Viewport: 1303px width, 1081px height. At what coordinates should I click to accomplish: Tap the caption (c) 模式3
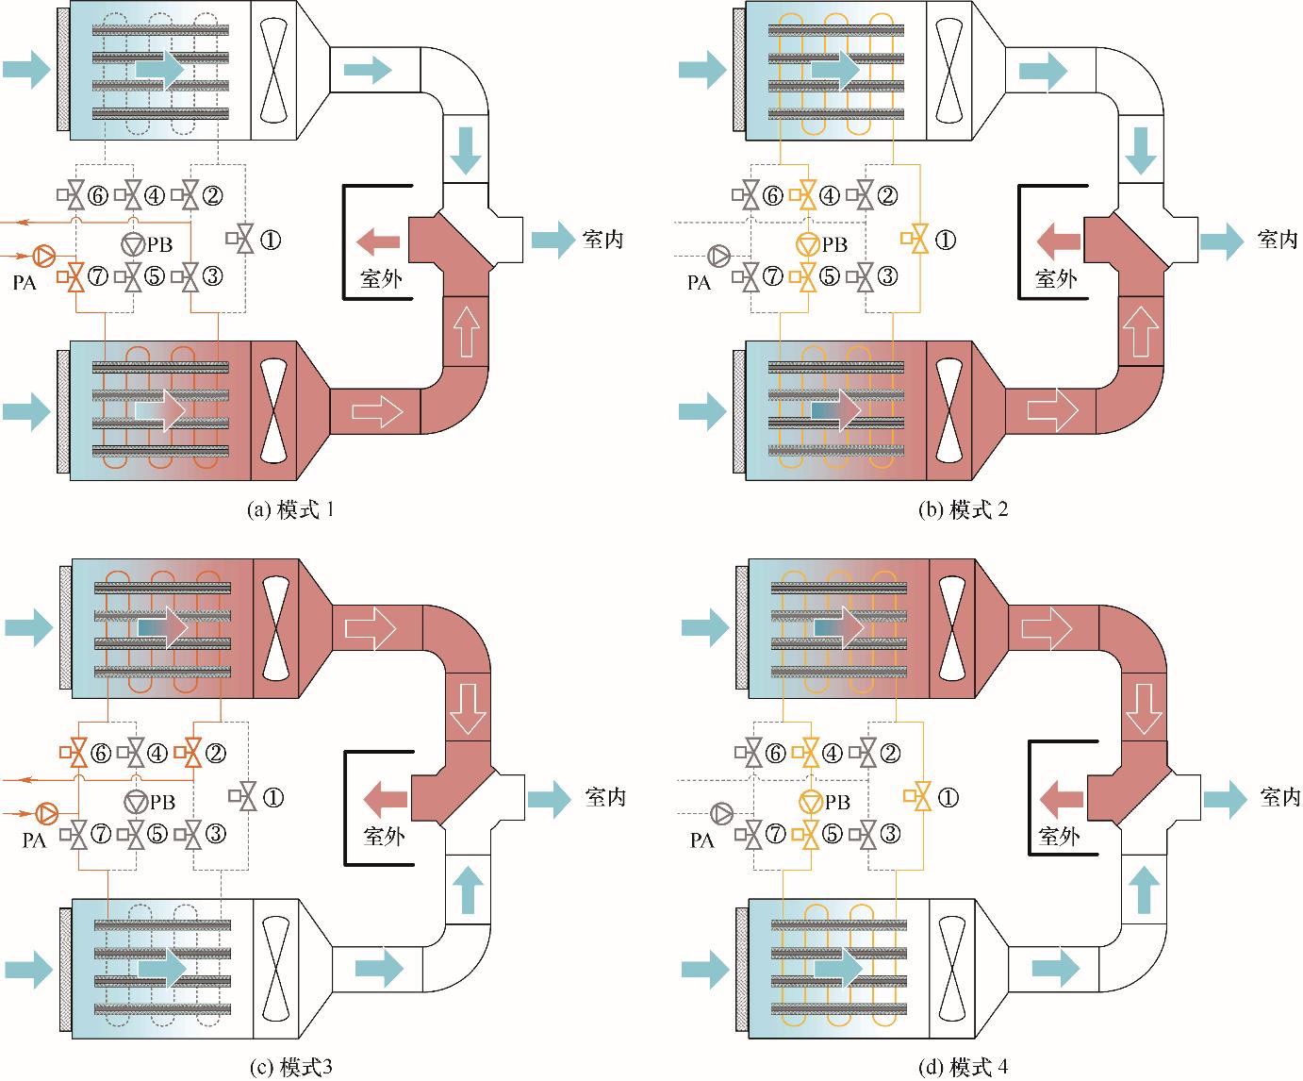coord(289,1067)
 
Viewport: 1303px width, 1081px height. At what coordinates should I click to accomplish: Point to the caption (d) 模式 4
coord(964,1067)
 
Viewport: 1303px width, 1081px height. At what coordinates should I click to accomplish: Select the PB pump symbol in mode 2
coord(808,243)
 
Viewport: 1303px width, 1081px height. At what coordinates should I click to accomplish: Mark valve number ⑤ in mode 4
coord(808,834)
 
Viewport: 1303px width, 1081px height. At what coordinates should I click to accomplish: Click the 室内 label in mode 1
coord(602,240)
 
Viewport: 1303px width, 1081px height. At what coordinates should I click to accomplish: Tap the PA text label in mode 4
coord(701,840)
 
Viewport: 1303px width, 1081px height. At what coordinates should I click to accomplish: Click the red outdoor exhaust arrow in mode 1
coord(378,241)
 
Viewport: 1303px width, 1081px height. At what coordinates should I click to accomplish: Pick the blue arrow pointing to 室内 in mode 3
coord(550,798)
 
